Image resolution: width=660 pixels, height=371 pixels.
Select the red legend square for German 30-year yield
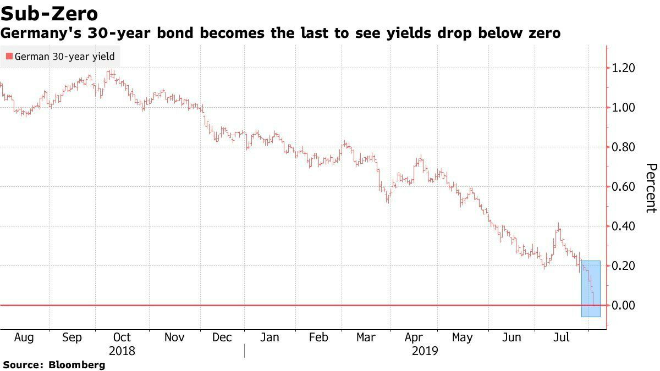(9, 57)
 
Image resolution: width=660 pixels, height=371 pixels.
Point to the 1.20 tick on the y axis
(624, 68)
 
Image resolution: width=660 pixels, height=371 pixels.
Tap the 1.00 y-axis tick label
(624, 108)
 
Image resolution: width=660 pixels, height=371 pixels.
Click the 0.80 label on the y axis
(624, 147)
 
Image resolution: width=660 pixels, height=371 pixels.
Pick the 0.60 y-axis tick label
(624, 187)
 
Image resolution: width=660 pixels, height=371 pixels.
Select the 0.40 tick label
(624, 226)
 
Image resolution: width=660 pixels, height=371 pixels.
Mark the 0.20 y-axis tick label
(624, 266)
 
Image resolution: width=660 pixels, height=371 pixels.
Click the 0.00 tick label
(624, 306)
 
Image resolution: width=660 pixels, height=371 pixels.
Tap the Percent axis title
(651, 187)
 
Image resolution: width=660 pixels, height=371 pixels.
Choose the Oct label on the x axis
(122, 337)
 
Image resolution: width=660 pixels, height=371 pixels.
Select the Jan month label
(269, 337)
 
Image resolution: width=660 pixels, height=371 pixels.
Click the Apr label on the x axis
(414, 337)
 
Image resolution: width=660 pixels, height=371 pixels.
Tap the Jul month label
(561, 337)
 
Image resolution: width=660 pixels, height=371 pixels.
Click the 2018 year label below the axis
(122, 350)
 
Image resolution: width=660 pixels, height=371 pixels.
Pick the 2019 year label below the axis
(425, 350)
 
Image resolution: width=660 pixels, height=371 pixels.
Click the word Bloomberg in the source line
(77, 364)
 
